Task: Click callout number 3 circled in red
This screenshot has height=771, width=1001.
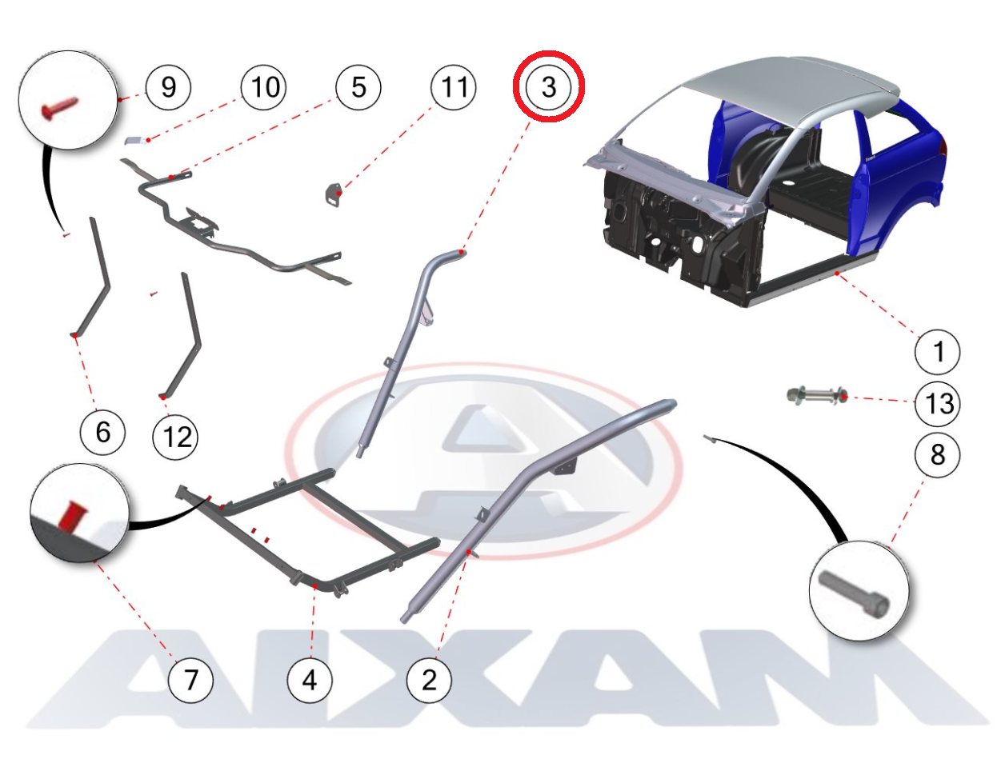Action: point(548,86)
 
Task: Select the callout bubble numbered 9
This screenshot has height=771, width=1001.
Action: point(168,87)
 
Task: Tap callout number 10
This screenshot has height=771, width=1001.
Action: point(263,87)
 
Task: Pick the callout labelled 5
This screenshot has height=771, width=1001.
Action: point(358,87)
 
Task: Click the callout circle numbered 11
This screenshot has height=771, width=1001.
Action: point(453,87)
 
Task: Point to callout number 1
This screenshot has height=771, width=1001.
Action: point(937,352)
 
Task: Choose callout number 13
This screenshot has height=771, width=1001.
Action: point(937,403)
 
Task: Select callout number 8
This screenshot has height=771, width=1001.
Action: point(937,455)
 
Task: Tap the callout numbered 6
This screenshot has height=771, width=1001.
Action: point(102,432)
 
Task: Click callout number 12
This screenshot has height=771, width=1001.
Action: point(175,437)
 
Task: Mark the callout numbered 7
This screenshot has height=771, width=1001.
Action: point(190,680)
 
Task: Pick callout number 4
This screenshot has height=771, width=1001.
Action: point(310,680)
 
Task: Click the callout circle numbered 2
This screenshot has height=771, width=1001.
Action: point(430,680)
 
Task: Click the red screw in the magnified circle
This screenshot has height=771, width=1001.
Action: point(60,108)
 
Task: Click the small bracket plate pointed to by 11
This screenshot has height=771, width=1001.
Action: point(334,194)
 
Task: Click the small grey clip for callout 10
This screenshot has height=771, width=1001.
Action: point(136,140)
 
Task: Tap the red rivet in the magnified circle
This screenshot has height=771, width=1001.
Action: point(71,514)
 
